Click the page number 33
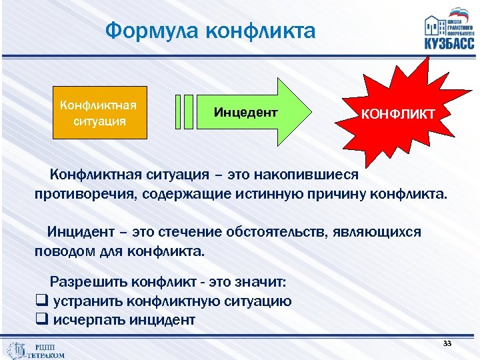pyautogui.click(x=447, y=343)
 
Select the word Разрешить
pyautogui.click(x=87, y=281)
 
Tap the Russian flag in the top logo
pyautogui.click(x=460, y=14)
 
